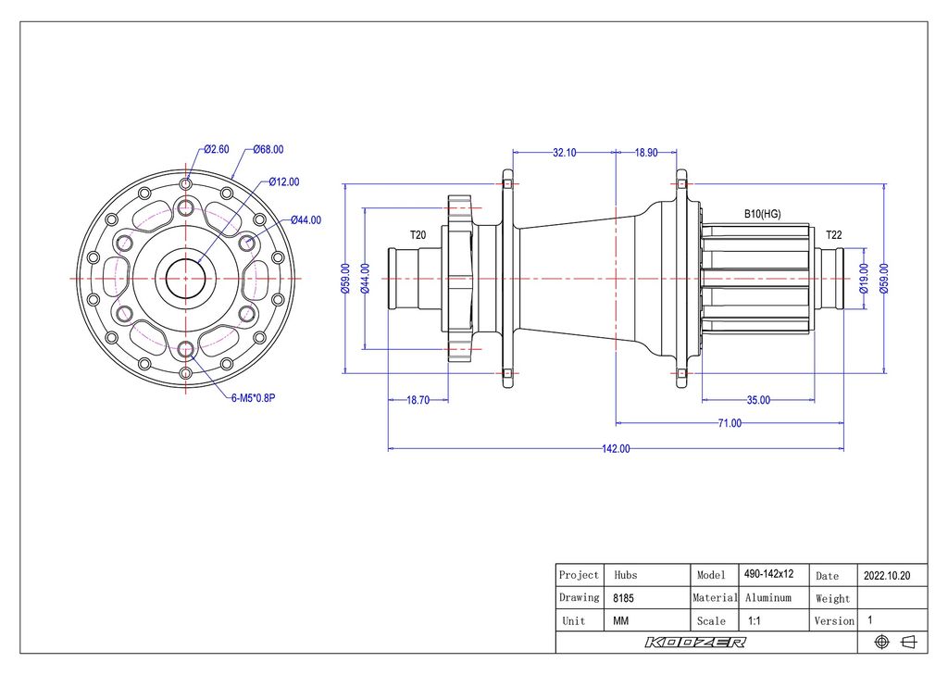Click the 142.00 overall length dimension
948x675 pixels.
(x=616, y=449)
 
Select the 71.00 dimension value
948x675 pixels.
(x=730, y=423)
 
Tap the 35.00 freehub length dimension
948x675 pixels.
(x=758, y=400)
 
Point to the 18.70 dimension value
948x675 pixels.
(x=418, y=400)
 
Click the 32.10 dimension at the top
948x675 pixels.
(x=565, y=153)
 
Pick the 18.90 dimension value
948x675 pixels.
(x=646, y=153)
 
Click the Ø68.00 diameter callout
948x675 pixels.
(x=268, y=149)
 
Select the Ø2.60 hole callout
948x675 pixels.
(x=217, y=149)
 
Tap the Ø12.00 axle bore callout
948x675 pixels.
(x=284, y=181)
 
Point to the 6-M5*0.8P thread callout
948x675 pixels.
(x=253, y=399)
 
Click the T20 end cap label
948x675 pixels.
(x=418, y=235)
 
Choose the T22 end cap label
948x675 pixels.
(x=834, y=235)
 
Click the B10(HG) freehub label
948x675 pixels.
(x=763, y=214)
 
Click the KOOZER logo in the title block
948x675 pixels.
(x=695, y=643)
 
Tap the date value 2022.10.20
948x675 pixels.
(x=887, y=575)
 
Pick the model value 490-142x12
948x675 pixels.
(x=768, y=574)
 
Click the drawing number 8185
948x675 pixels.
(x=624, y=598)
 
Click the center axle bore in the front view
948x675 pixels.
(x=185, y=277)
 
